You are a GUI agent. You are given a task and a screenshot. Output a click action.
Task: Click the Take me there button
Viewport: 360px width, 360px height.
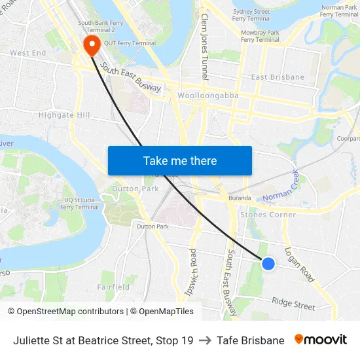tap(180, 160)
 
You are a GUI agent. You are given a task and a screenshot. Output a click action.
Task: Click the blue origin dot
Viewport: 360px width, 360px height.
tap(268, 263)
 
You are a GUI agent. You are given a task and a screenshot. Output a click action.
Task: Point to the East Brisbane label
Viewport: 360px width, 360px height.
tap(278, 77)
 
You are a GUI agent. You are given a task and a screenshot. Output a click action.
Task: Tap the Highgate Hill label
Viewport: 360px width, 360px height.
tap(64, 115)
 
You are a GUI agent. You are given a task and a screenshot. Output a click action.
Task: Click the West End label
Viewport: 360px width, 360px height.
tap(28, 52)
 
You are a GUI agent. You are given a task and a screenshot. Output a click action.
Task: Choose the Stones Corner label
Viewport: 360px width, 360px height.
tap(268, 215)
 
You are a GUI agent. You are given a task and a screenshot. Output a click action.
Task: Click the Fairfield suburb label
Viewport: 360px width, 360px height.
tap(113, 287)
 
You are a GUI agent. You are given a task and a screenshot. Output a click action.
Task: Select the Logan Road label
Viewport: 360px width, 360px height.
tap(299, 264)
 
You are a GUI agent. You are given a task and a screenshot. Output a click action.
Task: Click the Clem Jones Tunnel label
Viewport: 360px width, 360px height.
tap(204, 46)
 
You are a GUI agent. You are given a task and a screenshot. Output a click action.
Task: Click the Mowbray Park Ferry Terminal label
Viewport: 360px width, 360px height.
tap(260, 35)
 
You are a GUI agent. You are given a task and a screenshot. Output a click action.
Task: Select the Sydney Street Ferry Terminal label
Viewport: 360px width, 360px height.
tap(251, 15)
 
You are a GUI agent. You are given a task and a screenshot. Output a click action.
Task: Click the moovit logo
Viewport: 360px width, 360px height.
tap(321, 340)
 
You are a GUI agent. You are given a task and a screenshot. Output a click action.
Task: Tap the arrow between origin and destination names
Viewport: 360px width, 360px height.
tap(205, 340)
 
